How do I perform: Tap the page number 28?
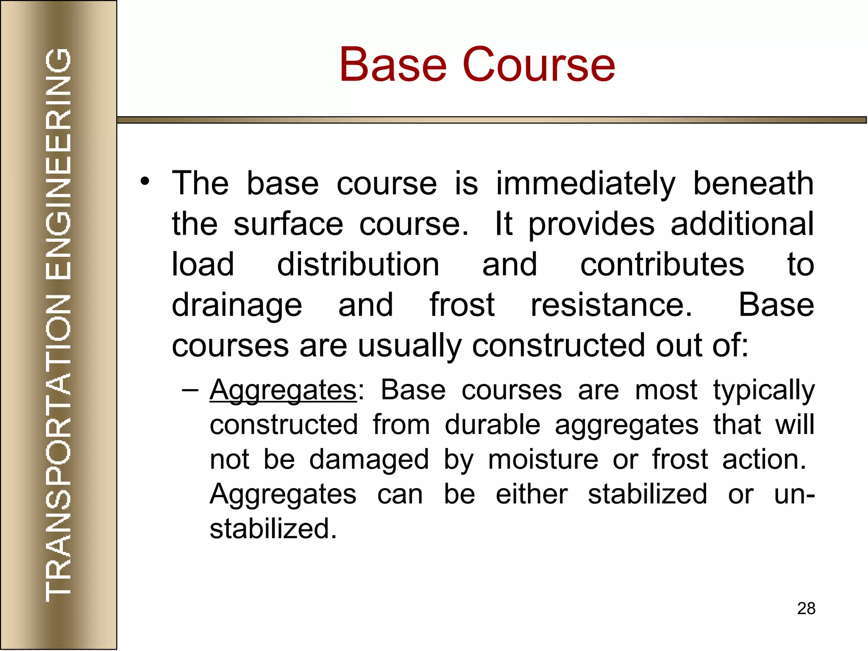(806, 608)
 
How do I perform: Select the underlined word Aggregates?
(283, 390)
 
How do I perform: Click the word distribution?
(358, 264)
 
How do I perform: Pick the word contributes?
(662, 264)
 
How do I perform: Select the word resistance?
(611, 305)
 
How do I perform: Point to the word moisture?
(543, 459)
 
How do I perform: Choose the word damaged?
(369, 460)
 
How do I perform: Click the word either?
(531, 494)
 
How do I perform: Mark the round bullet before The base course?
(145, 181)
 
